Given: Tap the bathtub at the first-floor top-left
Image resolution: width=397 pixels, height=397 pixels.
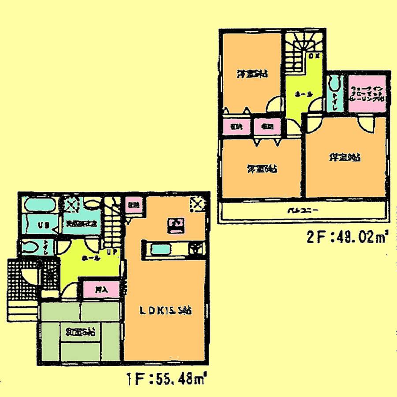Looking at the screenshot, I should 40,205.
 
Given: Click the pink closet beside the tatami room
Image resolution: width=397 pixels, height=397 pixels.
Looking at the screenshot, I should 101,289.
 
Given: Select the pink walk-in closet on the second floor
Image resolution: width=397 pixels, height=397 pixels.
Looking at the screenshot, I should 367,94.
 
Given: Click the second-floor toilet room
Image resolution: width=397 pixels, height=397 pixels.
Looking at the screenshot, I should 335,94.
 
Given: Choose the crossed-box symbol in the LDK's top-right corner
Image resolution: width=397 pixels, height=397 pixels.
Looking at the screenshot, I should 197,204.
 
